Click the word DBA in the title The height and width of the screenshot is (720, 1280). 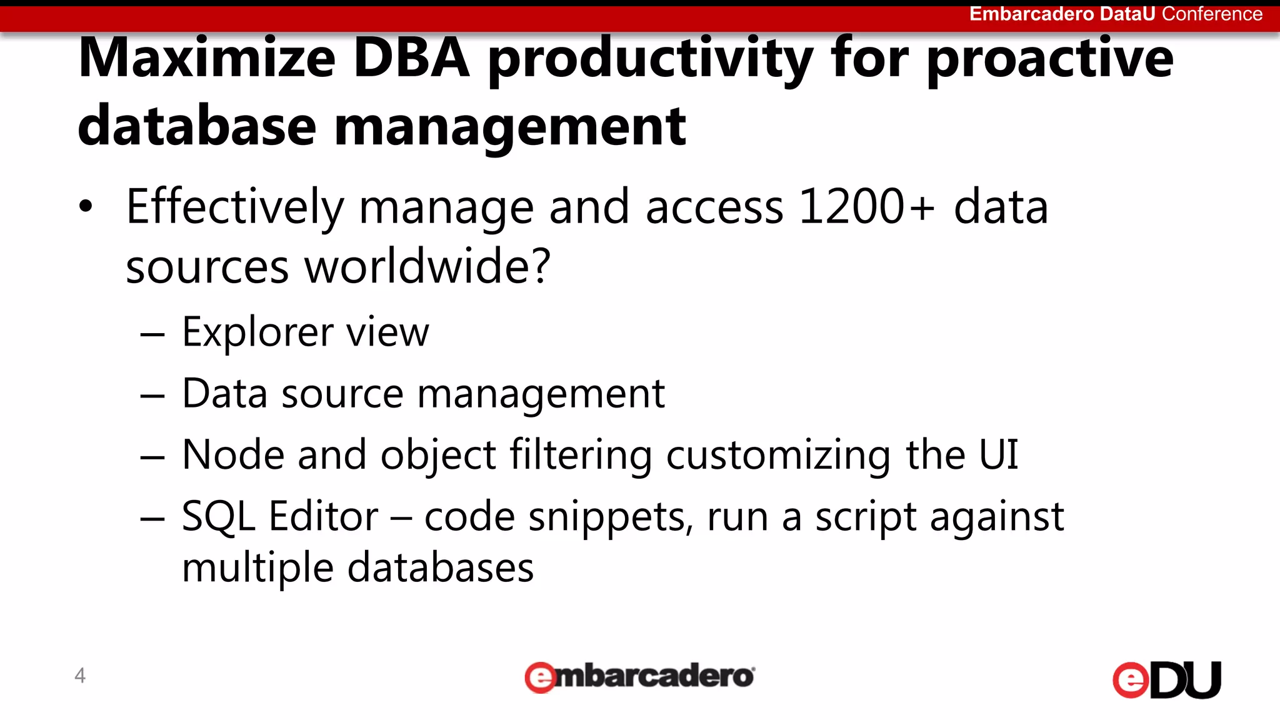pyautogui.click(x=411, y=57)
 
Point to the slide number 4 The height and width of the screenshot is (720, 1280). pyautogui.click(x=80, y=676)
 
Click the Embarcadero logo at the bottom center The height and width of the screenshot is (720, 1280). pyautogui.click(x=639, y=677)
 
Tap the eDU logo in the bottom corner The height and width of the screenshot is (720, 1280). pyautogui.click(x=1166, y=679)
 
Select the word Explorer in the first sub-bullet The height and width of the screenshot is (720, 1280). pyautogui.click(x=256, y=333)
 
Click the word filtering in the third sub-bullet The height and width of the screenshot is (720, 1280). pyautogui.click(x=581, y=455)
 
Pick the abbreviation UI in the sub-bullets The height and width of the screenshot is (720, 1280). pyautogui.click(x=999, y=454)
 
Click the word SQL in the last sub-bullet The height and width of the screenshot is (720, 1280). pyautogui.click(x=218, y=517)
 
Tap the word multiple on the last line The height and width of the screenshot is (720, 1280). pyautogui.click(x=257, y=568)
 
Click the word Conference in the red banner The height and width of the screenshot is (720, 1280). pyautogui.click(x=1212, y=14)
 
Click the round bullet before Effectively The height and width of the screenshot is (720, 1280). pyautogui.click(x=86, y=206)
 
